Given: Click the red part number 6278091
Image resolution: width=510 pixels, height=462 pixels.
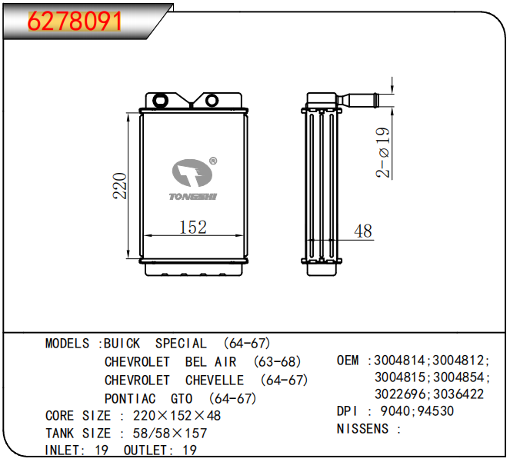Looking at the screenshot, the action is (x=75, y=21).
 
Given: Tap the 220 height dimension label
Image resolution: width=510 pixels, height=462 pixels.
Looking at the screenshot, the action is (x=120, y=185).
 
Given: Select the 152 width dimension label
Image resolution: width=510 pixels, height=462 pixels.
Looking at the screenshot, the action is (x=193, y=227).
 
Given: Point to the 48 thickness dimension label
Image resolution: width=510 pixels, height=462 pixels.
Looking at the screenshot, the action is (x=363, y=231).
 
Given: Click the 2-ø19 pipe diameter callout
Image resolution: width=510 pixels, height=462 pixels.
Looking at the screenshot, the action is (x=383, y=152).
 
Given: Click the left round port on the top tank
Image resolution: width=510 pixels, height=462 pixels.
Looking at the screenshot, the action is (x=160, y=100).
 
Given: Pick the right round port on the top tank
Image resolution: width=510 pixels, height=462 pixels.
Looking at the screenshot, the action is (x=212, y=100).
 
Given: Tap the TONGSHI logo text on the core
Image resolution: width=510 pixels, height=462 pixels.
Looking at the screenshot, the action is (x=193, y=197).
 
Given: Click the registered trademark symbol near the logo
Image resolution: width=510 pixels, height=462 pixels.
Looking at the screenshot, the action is (x=213, y=161).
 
